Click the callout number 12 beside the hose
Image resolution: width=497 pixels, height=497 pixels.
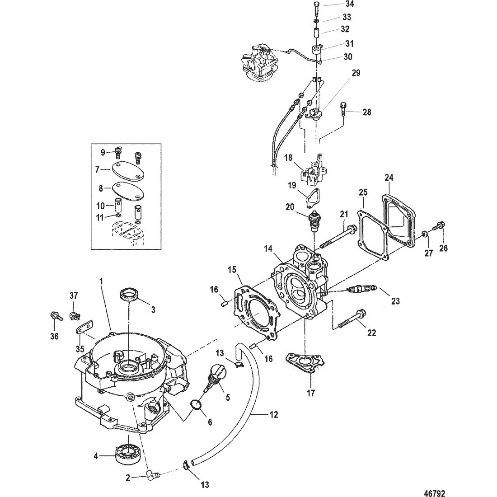[274, 414]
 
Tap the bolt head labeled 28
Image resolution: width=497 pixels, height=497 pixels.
[342, 108]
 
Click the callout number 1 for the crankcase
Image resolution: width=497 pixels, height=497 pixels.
[101, 281]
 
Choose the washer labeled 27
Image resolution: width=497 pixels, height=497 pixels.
[425, 234]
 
